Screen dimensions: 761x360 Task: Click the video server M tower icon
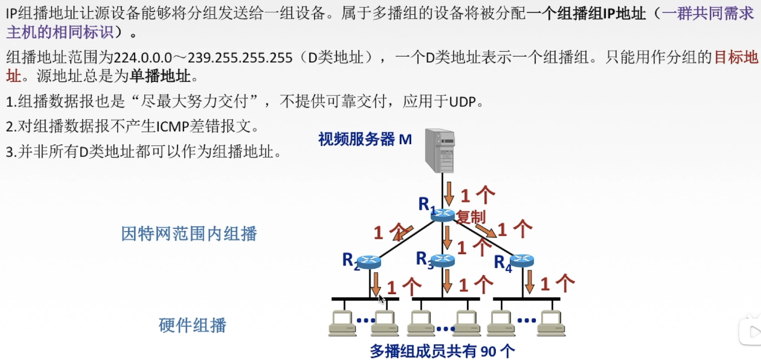tap(440, 150)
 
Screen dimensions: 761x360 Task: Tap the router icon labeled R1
tap(442, 215)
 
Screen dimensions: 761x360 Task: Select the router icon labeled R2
tap(369, 262)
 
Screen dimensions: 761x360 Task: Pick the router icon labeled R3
tap(442, 259)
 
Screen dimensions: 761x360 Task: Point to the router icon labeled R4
tap(521, 260)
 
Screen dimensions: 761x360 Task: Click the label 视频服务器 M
tap(365, 139)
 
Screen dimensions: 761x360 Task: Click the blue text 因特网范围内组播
tap(189, 234)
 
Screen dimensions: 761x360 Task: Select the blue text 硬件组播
tap(192, 325)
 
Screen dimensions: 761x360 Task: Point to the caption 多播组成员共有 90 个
tap(442, 351)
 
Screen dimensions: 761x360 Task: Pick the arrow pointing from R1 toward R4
tap(485, 230)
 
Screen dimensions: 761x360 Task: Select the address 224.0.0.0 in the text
tap(143, 58)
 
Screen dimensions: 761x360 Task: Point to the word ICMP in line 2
tap(176, 126)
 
